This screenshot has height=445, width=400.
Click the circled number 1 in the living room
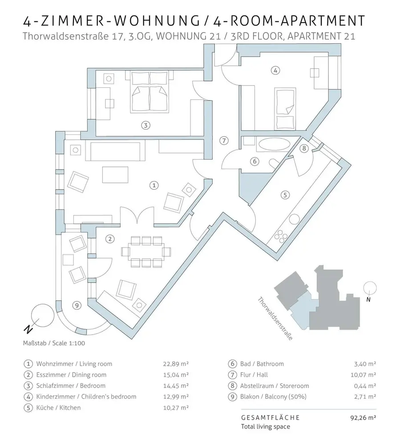pyautogui.click(x=154, y=184)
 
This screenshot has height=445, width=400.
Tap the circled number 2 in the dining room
pyautogui.click(x=110, y=239)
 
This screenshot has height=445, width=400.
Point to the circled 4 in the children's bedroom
pyautogui.click(x=276, y=70)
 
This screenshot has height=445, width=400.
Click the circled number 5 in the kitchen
pyautogui.click(x=285, y=194)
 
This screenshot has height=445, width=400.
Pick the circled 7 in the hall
pyautogui.click(x=225, y=141)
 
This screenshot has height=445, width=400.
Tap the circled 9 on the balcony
pyautogui.click(x=77, y=305)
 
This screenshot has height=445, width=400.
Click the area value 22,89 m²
pyautogui.click(x=176, y=364)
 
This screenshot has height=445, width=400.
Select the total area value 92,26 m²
pyautogui.click(x=364, y=418)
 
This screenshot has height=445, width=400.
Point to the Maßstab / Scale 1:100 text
pyautogui.click(x=54, y=343)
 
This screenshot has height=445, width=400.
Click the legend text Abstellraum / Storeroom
pyautogui.click(x=274, y=386)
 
